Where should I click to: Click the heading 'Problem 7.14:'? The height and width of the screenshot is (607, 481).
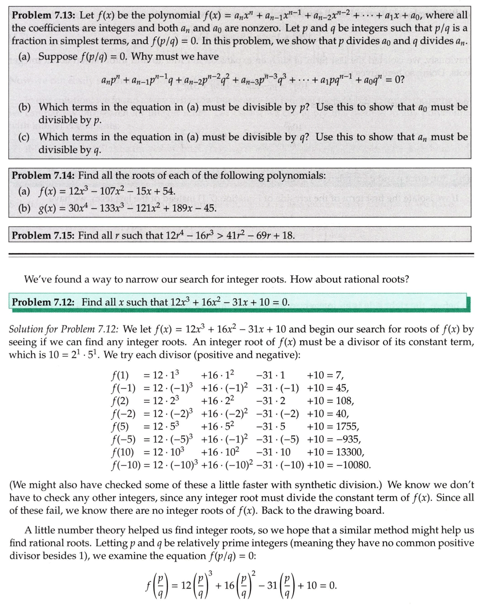pos(43,175)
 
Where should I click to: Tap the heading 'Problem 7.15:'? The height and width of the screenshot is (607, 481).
pos(43,235)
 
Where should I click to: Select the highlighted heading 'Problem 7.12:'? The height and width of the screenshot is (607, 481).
pos(43,302)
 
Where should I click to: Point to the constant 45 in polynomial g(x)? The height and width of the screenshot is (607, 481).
pos(209,207)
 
